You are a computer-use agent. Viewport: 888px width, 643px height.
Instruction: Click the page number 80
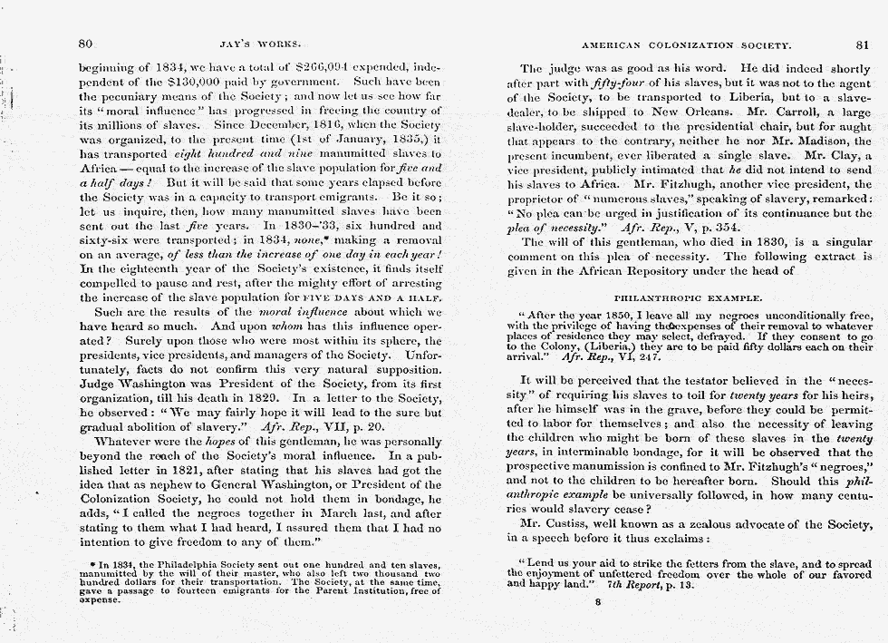click(x=86, y=44)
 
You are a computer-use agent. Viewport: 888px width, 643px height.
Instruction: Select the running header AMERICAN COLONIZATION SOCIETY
click(x=687, y=44)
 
